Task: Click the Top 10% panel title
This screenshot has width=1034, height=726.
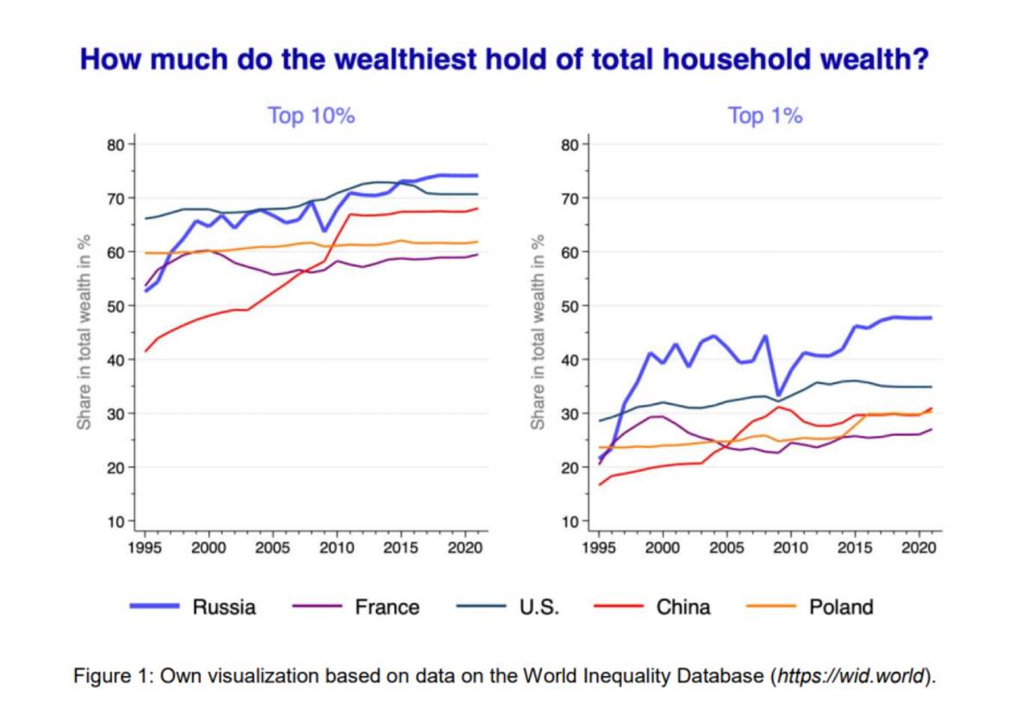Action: (311, 115)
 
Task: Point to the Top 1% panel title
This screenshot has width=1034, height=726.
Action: (765, 115)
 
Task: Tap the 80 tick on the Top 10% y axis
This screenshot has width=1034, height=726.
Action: (115, 144)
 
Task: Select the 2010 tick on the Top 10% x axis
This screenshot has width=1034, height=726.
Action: (336, 548)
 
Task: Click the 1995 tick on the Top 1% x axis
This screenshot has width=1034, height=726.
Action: (600, 548)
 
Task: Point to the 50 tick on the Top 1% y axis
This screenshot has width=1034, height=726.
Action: (570, 306)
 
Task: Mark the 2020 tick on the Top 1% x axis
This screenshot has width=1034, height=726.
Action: (919, 548)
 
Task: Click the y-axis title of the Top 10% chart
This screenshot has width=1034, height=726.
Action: (84, 332)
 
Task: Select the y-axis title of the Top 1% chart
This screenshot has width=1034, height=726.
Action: (539, 332)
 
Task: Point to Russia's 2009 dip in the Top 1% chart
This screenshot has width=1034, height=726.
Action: (779, 395)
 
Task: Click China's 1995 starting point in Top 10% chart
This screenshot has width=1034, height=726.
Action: (145, 351)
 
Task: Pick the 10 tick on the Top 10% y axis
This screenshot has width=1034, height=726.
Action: (115, 521)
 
